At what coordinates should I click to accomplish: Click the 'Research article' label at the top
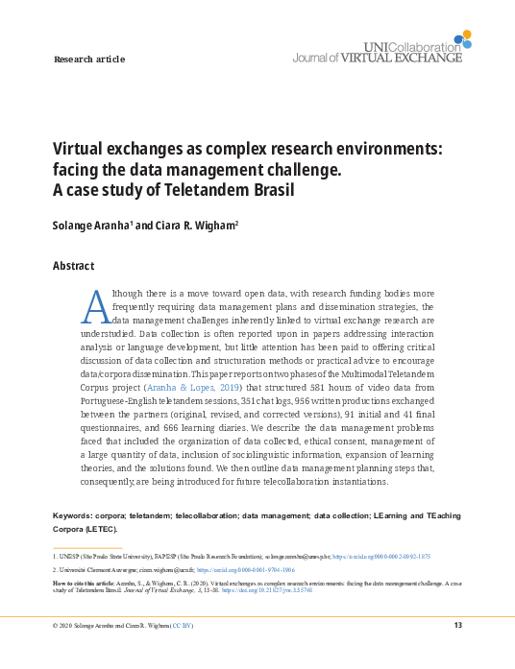tap(89, 60)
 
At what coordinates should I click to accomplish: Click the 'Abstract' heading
tap(73, 266)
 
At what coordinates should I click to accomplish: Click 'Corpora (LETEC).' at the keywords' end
tap(86, 529)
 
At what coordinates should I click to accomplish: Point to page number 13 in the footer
tap(457, 626)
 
